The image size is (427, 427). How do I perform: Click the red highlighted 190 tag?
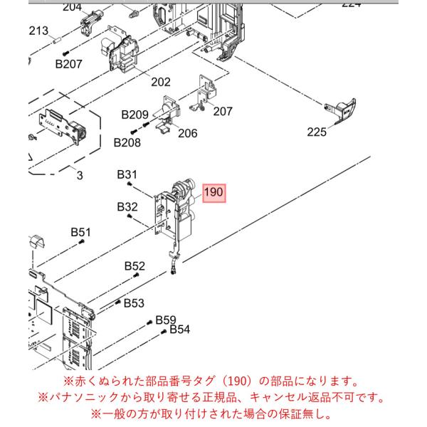coord(213,193)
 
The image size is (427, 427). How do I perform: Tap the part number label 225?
coord(317,132)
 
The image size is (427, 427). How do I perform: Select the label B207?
coord(68,64)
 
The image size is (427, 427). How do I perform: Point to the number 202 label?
coord(161,82)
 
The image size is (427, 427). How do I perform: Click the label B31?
coord(127,174)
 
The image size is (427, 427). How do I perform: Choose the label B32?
coord(127,207)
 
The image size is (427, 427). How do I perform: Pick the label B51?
coord(81,232)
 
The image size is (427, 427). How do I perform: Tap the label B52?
coord(135,266)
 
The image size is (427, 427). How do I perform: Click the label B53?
coord(134,303)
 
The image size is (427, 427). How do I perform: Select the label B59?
coord(166,320)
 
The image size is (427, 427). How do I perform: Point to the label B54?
coord(180,330)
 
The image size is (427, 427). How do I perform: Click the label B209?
coord(135,115)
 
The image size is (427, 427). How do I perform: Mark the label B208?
coord(127,142)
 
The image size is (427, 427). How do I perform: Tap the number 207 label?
coord(223,112)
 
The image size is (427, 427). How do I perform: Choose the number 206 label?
coord(188,133)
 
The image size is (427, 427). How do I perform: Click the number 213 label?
coord(38,31)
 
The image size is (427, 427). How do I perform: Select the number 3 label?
coord(80,175)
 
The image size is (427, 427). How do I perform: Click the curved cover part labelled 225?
coord(341,111)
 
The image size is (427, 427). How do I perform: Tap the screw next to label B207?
coord(65,53)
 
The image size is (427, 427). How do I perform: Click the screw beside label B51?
coord(81,241)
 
